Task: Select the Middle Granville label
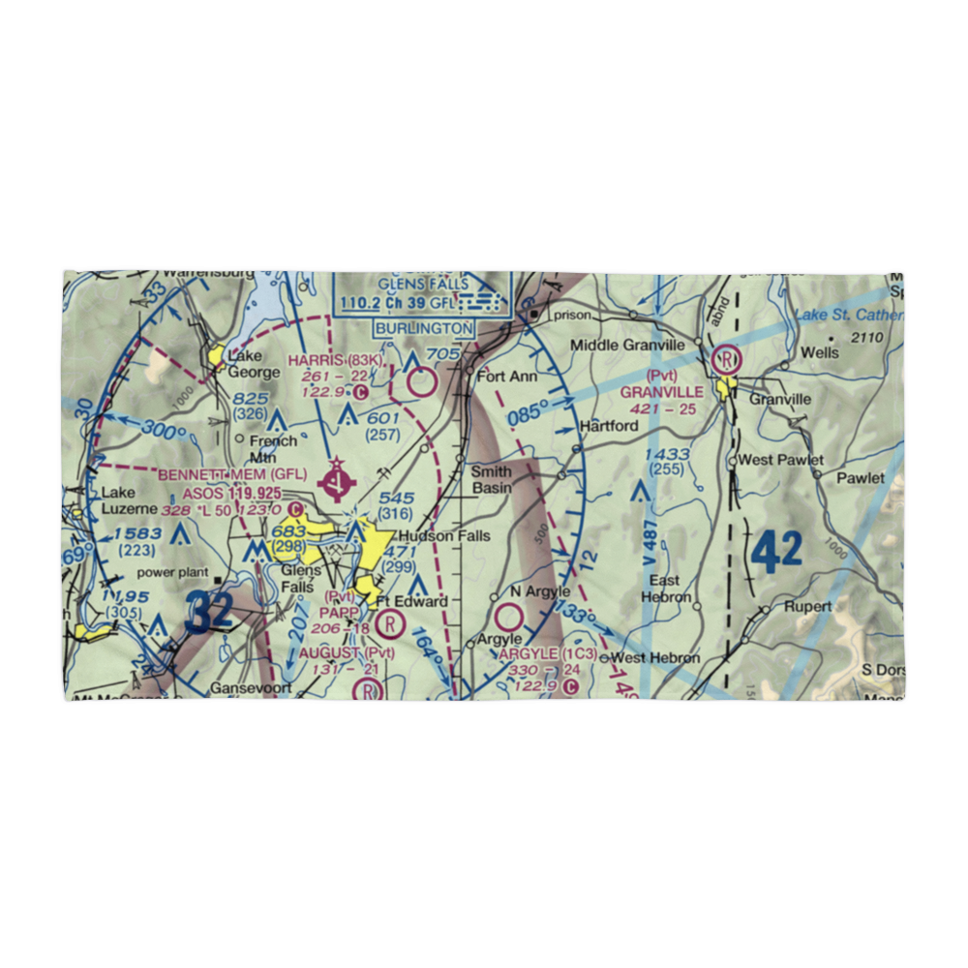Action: pyautogui.click(x=626, y=346)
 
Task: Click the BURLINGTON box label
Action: pyautogui.click(x=427, y=328)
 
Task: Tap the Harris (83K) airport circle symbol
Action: pyautogui.click(x=422, y=384)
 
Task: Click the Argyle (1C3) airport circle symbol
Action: pyautogui.click(x=509, y=616)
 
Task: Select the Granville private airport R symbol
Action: pyautogui.click(x=725, y=360)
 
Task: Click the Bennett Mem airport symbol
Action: pyautogui.click(x=335, y=476)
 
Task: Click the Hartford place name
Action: pyautogui.click(x=609, y=426)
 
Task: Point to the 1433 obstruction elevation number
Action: pyautogui.click(x=667, y=454)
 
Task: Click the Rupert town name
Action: pyautogui.click(x=809, y=607)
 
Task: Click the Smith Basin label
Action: pyautogui.click(x=492, y=480)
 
